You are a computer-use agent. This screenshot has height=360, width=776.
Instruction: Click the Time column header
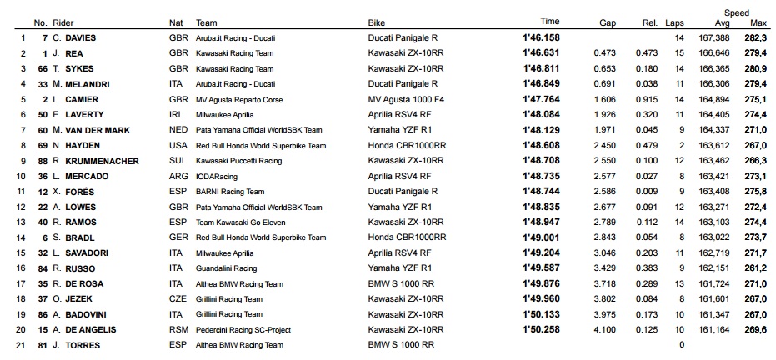pos(550,22)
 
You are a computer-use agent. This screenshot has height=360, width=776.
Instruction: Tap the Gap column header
pos(608,22)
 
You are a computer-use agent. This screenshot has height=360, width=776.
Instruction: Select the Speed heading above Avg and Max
pos(736,12)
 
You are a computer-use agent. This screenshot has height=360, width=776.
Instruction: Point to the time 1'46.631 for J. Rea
pos(541,53)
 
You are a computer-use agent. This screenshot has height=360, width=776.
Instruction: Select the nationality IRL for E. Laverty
pos(176,115)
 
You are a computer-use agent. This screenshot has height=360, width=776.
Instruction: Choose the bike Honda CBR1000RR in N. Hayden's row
pos(406,145)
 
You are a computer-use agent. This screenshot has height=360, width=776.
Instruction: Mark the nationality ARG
pos(178,176)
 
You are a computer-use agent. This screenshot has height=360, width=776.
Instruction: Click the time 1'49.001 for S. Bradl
pos(541,237)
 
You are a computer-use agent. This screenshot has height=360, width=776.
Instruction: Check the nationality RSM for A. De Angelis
pos(178,329)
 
